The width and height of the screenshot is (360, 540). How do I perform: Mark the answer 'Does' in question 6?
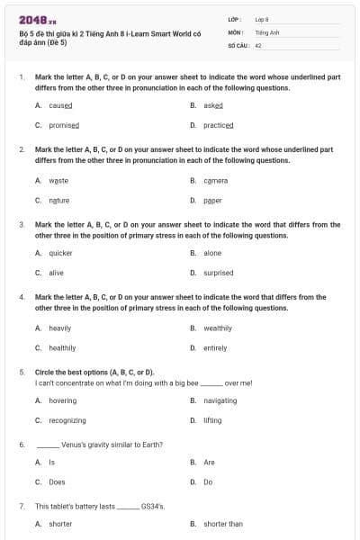[x=57, y=482]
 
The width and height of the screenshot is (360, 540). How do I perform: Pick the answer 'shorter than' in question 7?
[x=222, y=523]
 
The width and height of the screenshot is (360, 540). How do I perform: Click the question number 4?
[x=22, y=296]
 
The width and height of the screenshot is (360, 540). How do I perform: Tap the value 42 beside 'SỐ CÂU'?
[x=258, y=44]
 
